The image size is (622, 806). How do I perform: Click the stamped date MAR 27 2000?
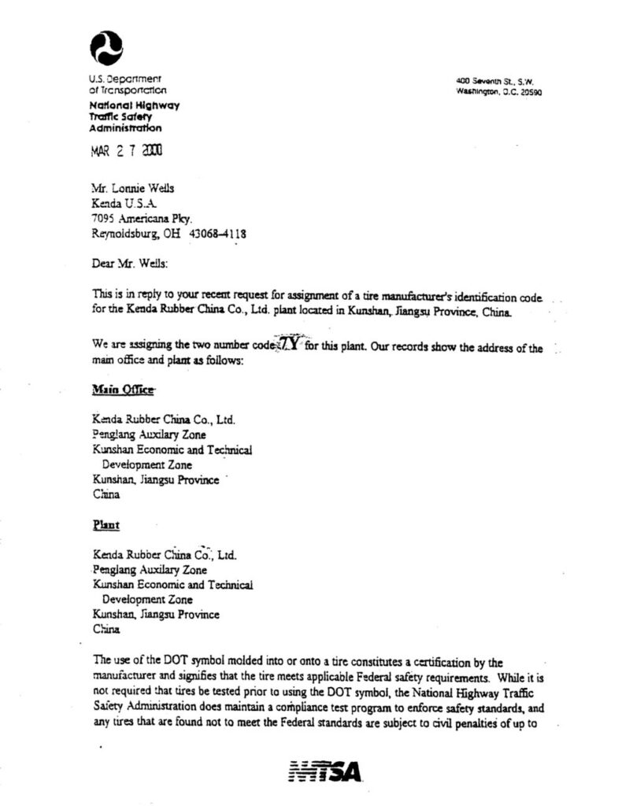pos(128,151)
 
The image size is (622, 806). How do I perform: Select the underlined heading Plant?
pos(106,523)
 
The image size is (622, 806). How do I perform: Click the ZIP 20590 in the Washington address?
pos(527,92)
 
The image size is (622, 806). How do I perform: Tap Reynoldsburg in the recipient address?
pos(128,234)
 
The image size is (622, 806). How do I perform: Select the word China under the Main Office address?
pos(106,495)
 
